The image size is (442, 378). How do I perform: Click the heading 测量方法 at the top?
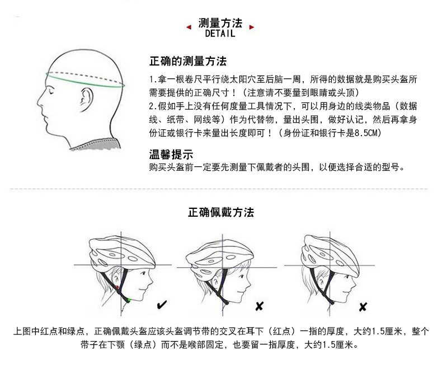click(220, 24)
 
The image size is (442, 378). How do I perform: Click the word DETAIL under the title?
click(220, 34)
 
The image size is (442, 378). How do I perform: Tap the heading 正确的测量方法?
click(187, 61)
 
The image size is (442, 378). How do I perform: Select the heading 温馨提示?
click(171, 154)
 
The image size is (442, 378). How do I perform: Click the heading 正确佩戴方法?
click(221, 213)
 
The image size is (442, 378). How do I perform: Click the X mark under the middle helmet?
click(259, 306)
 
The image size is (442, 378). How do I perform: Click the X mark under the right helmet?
click(363, 306)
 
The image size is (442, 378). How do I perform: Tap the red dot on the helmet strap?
click(118, 287)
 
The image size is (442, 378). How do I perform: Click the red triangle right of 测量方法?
click(252, 26)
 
